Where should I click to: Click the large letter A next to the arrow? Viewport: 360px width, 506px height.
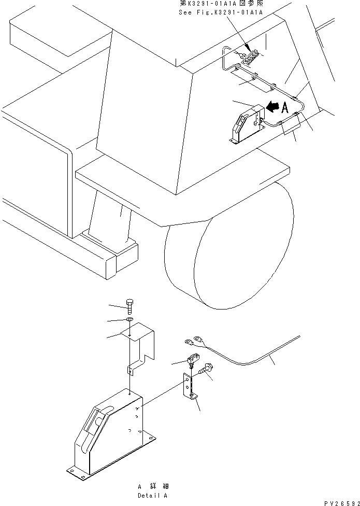[284, 108]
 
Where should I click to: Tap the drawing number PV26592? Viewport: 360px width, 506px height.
[341, 502]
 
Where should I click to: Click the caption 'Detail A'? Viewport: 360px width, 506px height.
[153, 495]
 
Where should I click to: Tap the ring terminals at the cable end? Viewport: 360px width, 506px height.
[193, 342]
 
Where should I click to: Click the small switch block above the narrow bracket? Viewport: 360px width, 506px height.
[193, 359]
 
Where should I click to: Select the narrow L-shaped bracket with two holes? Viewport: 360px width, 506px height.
[190, 386]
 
